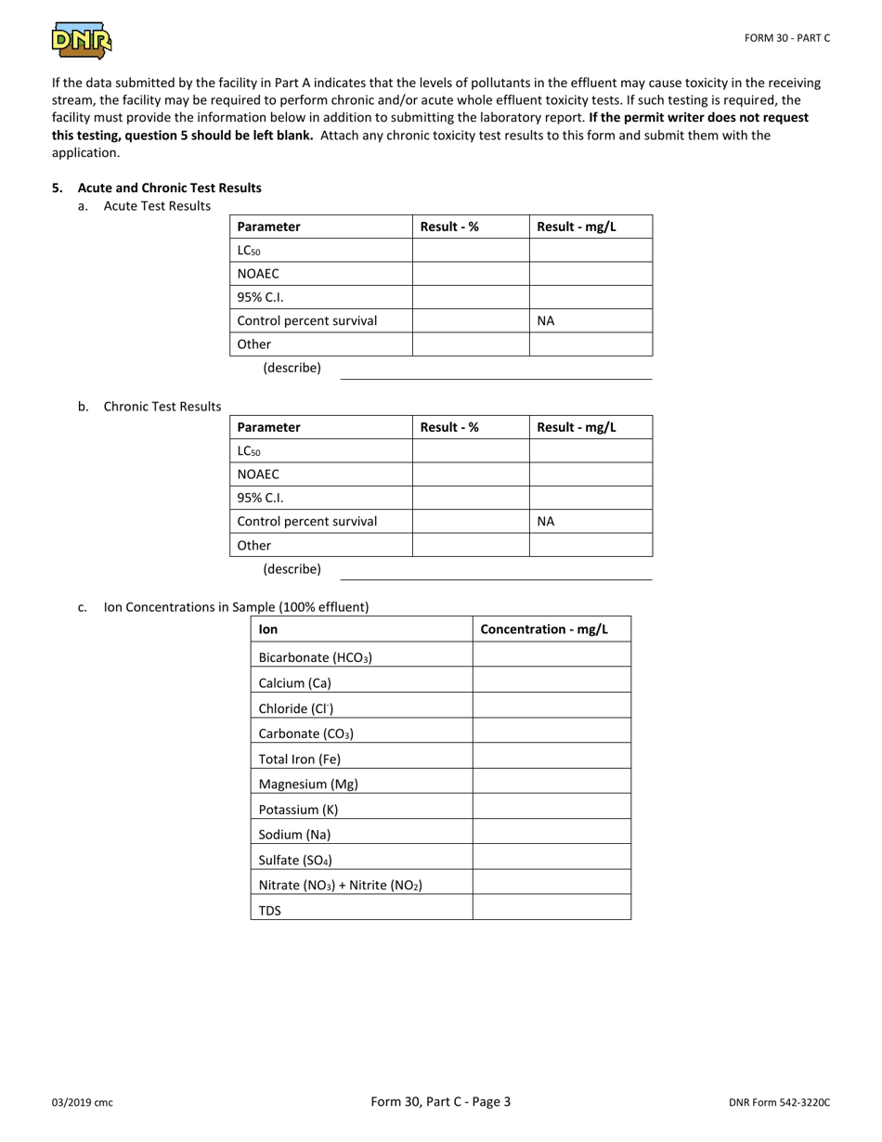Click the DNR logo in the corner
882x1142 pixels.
(82, 41)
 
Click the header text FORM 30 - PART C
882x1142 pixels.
(786, 38)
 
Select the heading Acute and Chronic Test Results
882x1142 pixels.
(169, 188)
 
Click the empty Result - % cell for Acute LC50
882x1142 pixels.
(470, 251)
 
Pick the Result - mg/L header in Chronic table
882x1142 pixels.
(577, 427)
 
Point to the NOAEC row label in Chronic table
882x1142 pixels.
(258, 474)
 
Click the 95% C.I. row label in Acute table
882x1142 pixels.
(260, 297)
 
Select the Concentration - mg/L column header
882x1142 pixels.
(544, 629)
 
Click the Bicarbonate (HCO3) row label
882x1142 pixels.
(315, 658)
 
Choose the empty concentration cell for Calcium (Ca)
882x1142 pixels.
(551, 683)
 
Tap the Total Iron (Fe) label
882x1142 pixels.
(299, 759)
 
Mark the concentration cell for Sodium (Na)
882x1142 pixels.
(551, 835)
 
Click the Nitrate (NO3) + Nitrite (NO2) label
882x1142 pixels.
(340, 886)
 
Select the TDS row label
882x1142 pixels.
(269, 911)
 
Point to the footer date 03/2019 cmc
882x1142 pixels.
(83, 1103)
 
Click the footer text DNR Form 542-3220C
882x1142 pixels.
(779, 1103)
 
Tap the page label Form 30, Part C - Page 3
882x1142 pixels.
(440, 1102)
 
